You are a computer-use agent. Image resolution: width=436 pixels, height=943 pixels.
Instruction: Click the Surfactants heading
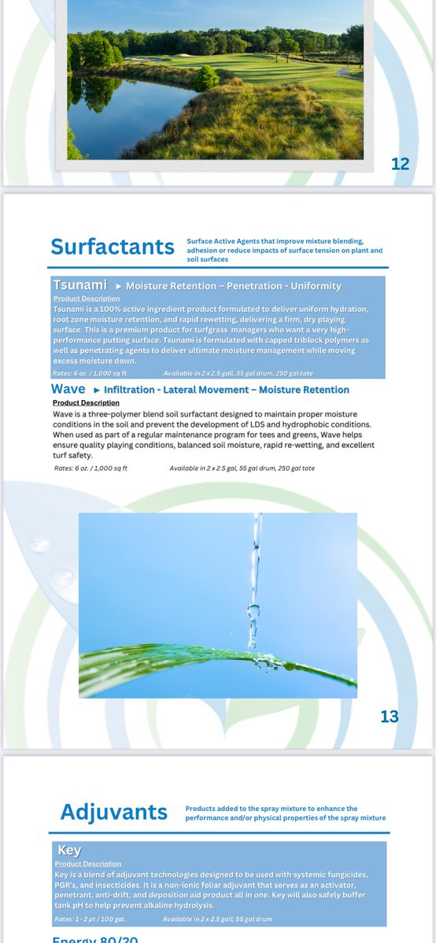pyautogui.click(x=113, y=246)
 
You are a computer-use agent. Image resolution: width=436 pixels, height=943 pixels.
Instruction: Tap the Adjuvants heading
pyautogui.click(x=114, y=812)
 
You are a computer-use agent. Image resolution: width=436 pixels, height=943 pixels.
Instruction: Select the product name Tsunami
pyautogui.click(x=79, y=284)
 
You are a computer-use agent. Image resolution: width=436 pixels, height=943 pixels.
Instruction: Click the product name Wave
pyautogui.click(x=68, y=389)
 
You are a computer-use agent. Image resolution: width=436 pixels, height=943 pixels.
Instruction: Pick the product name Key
pyautogui.click(x=69, y=850)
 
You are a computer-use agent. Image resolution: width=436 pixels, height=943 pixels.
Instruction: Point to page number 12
pyautogui.click(x=400, y=164)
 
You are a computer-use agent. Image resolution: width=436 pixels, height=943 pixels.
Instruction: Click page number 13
pyautogui.click(x=389, y=717)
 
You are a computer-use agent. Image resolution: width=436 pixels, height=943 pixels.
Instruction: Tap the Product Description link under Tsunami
pyautogui.click(x=87, y=299)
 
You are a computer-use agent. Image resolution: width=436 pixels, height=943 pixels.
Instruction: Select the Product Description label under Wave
pyautogui.click(x=87, y=402)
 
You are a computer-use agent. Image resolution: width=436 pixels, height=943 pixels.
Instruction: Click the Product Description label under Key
pyautogui.click(x=88, y=864)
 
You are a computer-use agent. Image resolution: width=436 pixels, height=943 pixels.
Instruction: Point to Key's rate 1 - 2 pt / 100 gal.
pyautogui.click(x=90, y=919)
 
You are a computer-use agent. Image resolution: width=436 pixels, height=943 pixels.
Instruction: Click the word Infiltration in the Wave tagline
pyautogui.click(x=128, y=390)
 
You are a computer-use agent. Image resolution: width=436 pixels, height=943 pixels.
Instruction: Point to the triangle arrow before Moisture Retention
pyautogui.click(x=119, y=286)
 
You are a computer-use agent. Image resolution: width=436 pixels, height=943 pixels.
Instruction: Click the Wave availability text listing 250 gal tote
pyautogui.click(x=242, y=468)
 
